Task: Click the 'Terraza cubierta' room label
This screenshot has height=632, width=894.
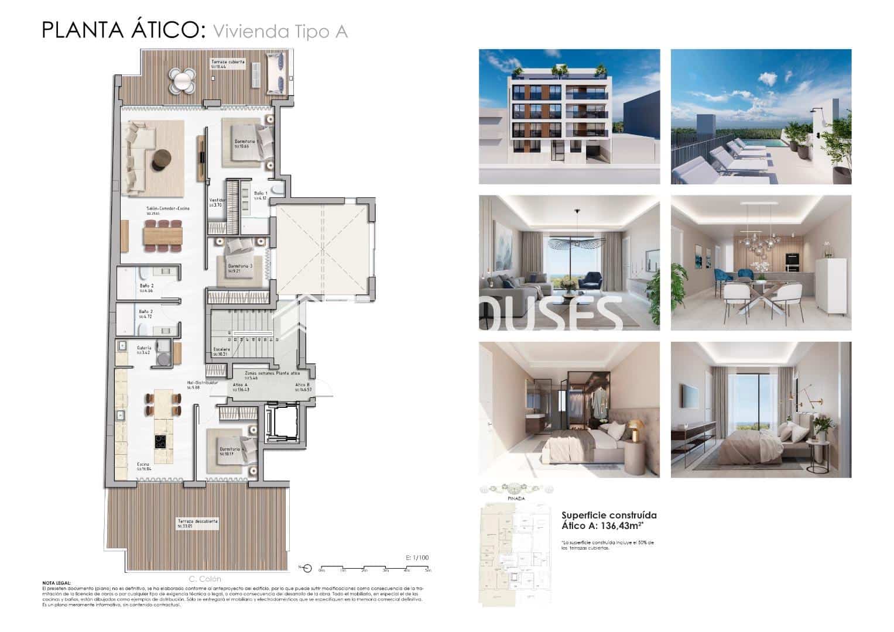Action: pos(228,62)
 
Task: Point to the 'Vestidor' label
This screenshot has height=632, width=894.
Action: pos(217,201)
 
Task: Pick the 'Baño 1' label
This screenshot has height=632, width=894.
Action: pos(261,194)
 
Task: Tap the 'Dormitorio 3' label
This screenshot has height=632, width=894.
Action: pos(239,266)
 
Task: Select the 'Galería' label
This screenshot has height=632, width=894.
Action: pos(144,348)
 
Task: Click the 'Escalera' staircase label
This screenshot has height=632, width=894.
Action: pos(222,350)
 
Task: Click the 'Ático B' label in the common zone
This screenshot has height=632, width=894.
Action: pos(303,385)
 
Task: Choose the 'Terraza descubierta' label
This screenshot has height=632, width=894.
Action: pos(198,521)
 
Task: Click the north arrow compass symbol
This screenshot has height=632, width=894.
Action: pos(306,568)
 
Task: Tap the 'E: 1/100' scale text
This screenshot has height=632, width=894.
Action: pos(417,558)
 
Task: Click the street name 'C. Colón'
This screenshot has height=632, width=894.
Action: pos(205,579)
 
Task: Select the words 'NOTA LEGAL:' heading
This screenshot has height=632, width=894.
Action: pos(56,583)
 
